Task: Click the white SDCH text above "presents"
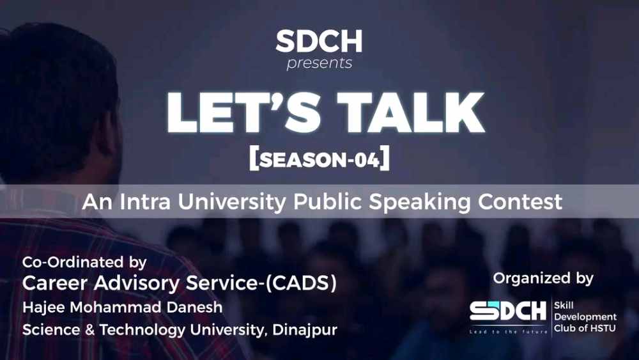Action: (x=319, y=41)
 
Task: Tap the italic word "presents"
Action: (x=319, y=63)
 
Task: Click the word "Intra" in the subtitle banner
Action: (x=145, y=201)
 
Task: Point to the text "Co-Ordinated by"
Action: (x=84, y=263)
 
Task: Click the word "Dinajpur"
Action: (x=305, y=330)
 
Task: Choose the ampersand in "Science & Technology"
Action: (x=89, y=329)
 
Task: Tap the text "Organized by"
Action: (x=543, y=278)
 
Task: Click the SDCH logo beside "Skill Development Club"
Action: (x=508, y=311)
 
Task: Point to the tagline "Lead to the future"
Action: (x=508, y=332)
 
